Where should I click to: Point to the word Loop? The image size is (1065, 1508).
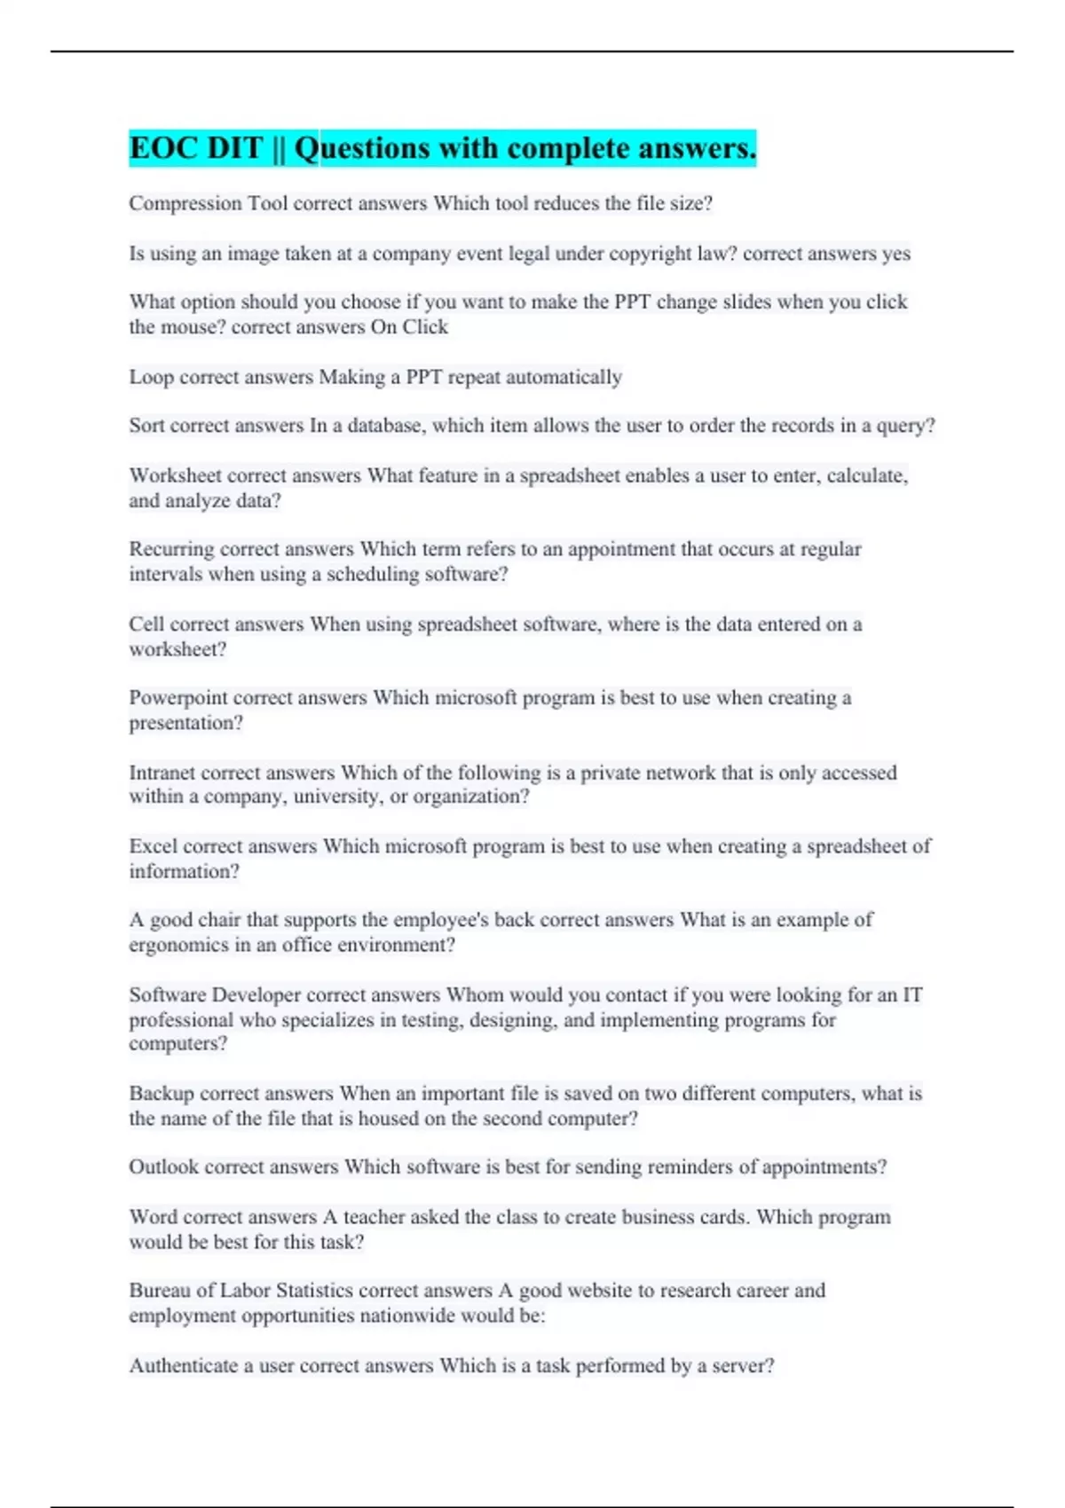[151, 377]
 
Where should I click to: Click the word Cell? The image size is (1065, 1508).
[146, 624]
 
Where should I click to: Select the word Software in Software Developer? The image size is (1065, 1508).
[167, 995]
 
